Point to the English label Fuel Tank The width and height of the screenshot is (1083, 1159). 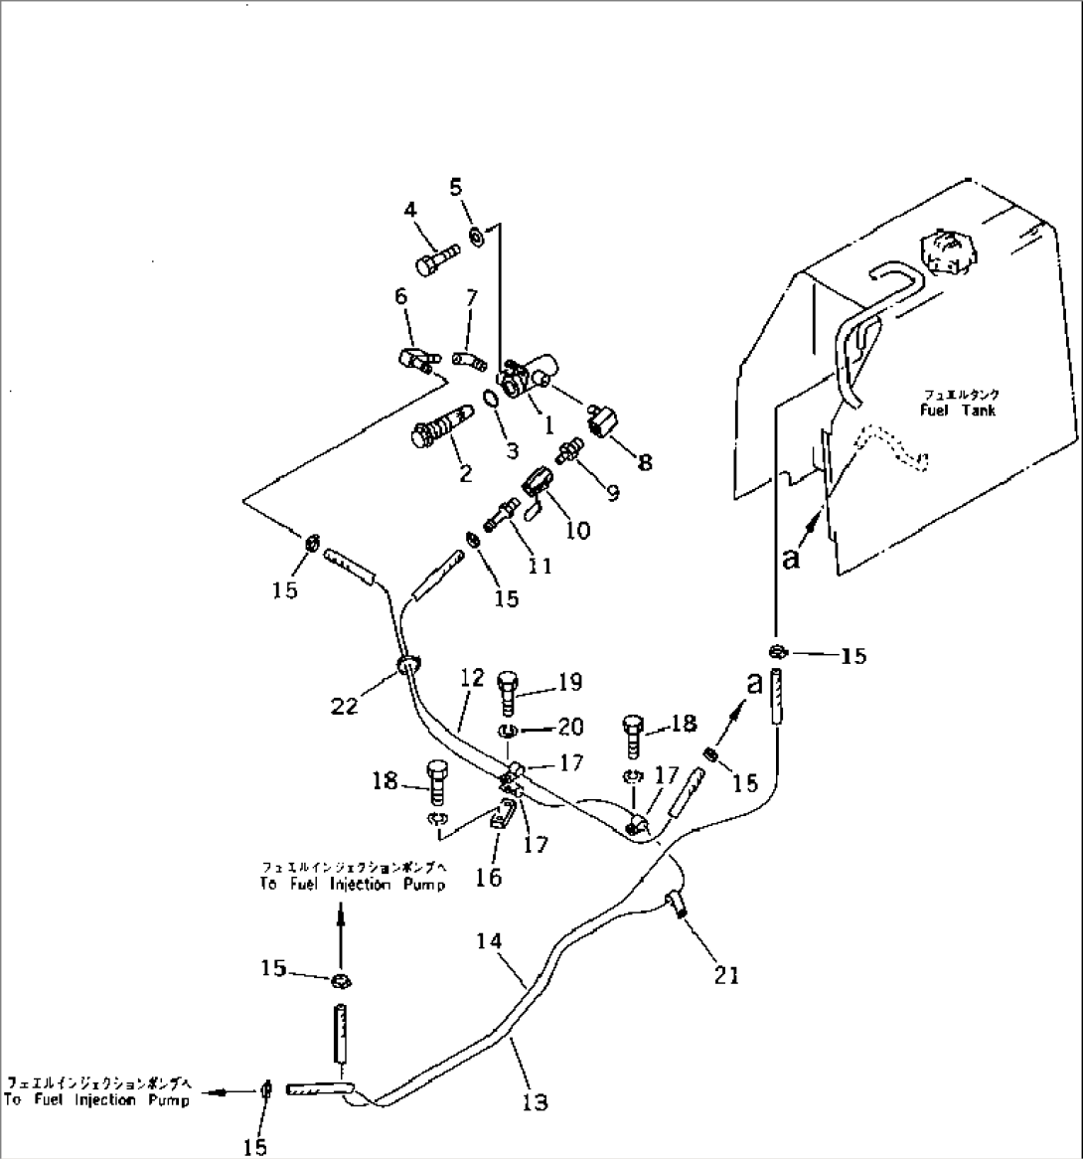958,410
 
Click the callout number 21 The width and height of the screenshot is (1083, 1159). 727,976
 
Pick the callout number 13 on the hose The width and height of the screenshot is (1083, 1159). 535,1102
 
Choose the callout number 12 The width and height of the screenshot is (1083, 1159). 472,678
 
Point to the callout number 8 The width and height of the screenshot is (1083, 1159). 645,462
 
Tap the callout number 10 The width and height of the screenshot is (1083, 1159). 577,531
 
